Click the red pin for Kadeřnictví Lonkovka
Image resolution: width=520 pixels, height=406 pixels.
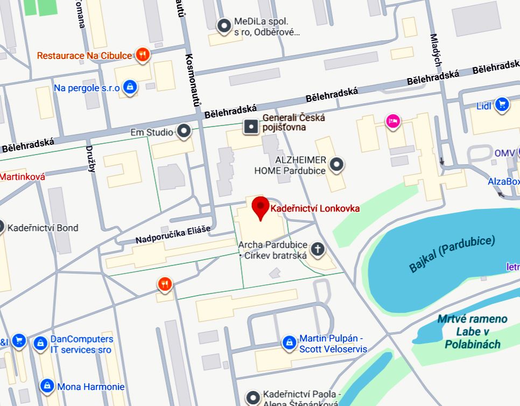point(261,208)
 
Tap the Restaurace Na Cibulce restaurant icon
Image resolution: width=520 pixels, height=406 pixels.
point(143,54)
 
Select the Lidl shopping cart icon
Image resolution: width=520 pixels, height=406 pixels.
point(502,104)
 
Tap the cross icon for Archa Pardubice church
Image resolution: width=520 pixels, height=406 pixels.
point(318,249)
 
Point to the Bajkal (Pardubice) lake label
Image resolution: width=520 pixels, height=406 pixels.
point(452,254)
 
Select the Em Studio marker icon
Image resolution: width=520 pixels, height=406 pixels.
point(184,131)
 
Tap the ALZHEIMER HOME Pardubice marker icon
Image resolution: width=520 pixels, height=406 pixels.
point(337,164)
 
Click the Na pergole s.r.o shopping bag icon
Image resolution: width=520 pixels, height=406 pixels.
point(129,87)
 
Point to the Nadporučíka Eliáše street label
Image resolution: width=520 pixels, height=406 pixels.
point(172,234)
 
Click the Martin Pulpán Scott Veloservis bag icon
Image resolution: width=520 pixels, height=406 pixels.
point(289,342)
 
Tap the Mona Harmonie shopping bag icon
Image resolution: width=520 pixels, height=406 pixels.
point(47,386)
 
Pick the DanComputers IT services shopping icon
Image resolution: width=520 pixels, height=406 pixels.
point(39,342)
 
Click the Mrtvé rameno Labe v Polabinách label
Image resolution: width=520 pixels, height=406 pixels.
point(472,331)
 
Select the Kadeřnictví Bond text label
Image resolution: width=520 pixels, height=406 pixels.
point(43,228)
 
